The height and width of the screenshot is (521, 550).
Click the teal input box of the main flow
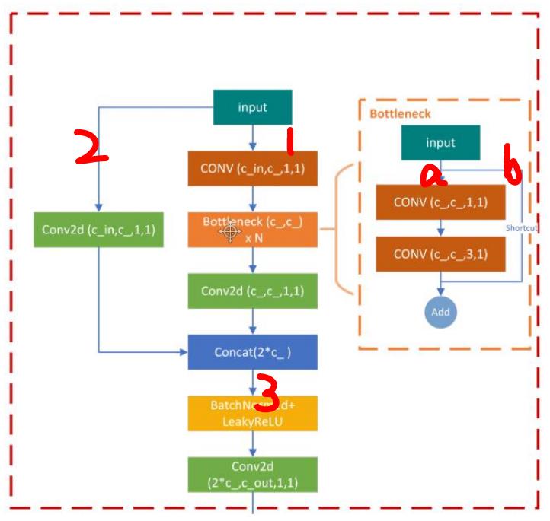pyautogui.click(x=252, y=107)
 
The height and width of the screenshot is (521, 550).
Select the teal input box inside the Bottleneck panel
pyautogui.click(x=440, y=143)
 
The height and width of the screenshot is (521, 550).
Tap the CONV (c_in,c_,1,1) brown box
pyautogui.click(x=252, y=168)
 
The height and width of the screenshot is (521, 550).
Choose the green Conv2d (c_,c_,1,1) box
pyautogui.click(x=252, y=291)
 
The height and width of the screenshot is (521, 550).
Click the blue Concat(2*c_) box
pyautogui.click(x=252, y=352)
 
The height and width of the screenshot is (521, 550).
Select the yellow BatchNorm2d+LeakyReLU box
pyautogui.click(x=252, y=413)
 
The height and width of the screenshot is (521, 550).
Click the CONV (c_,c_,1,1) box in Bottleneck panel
pyautogui.click(x=440, y=202)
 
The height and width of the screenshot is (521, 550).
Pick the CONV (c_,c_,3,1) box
pyautogui.click(x=440, y=253)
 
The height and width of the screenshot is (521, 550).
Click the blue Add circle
pyautogui.click(x=440, y=312)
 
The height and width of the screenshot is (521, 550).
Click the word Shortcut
pyautogui.click(x=523, y=227)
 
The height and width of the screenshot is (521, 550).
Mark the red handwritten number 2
pyautogui.click(x=89, y=147)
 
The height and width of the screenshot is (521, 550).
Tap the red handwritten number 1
pyautogui.click(x=289, y=141)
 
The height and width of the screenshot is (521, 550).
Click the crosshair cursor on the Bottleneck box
pyautogui.click(x=229, y=232)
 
